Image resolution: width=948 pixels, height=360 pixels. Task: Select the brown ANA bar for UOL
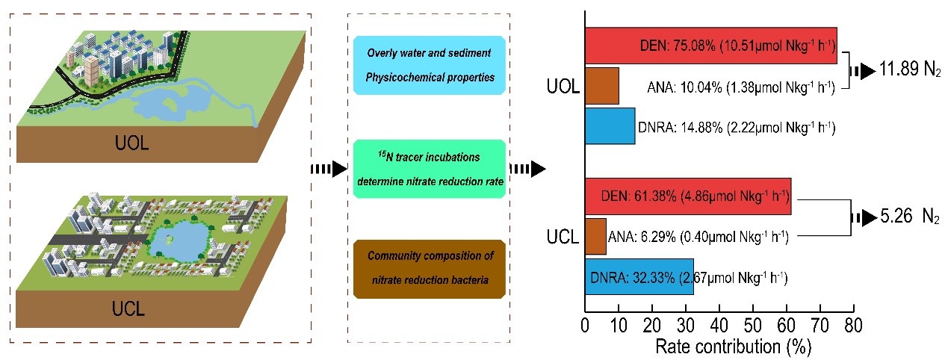click(602, 86)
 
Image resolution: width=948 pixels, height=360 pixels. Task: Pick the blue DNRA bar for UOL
click(610, 125)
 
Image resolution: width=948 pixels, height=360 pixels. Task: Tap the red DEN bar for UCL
click(687, 196)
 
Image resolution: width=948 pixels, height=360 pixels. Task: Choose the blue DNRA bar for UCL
click(639, 276)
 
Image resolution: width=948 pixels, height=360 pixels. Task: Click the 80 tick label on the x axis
click(853, 326)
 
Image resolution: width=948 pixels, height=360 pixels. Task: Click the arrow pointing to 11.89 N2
click(865, 71)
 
